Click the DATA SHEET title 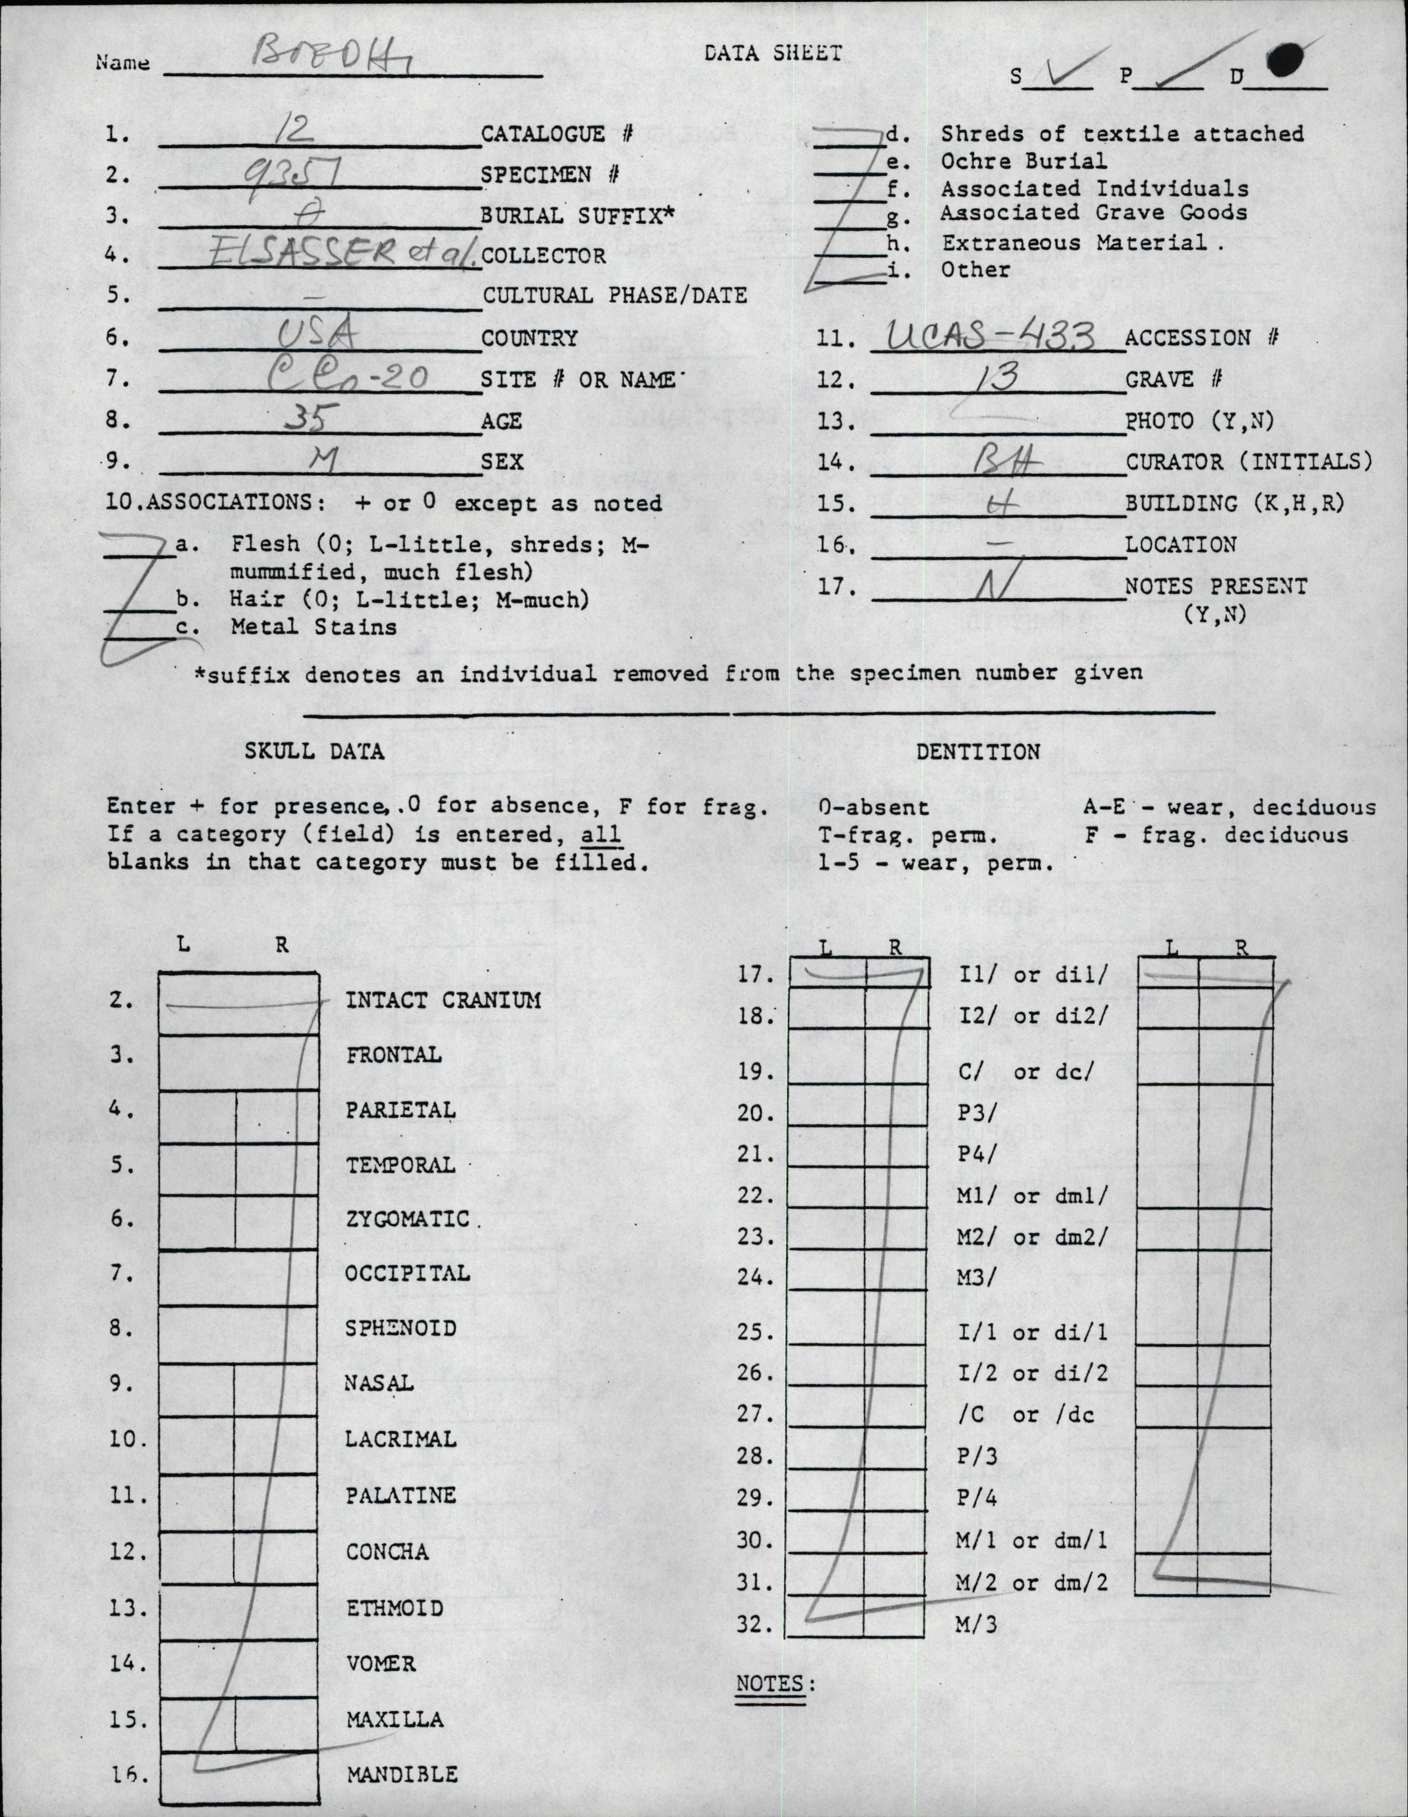tap(773, 53)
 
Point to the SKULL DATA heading tap(314, 751)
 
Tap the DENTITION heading tap(978, 751)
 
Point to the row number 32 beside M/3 tap(755, 1625)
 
